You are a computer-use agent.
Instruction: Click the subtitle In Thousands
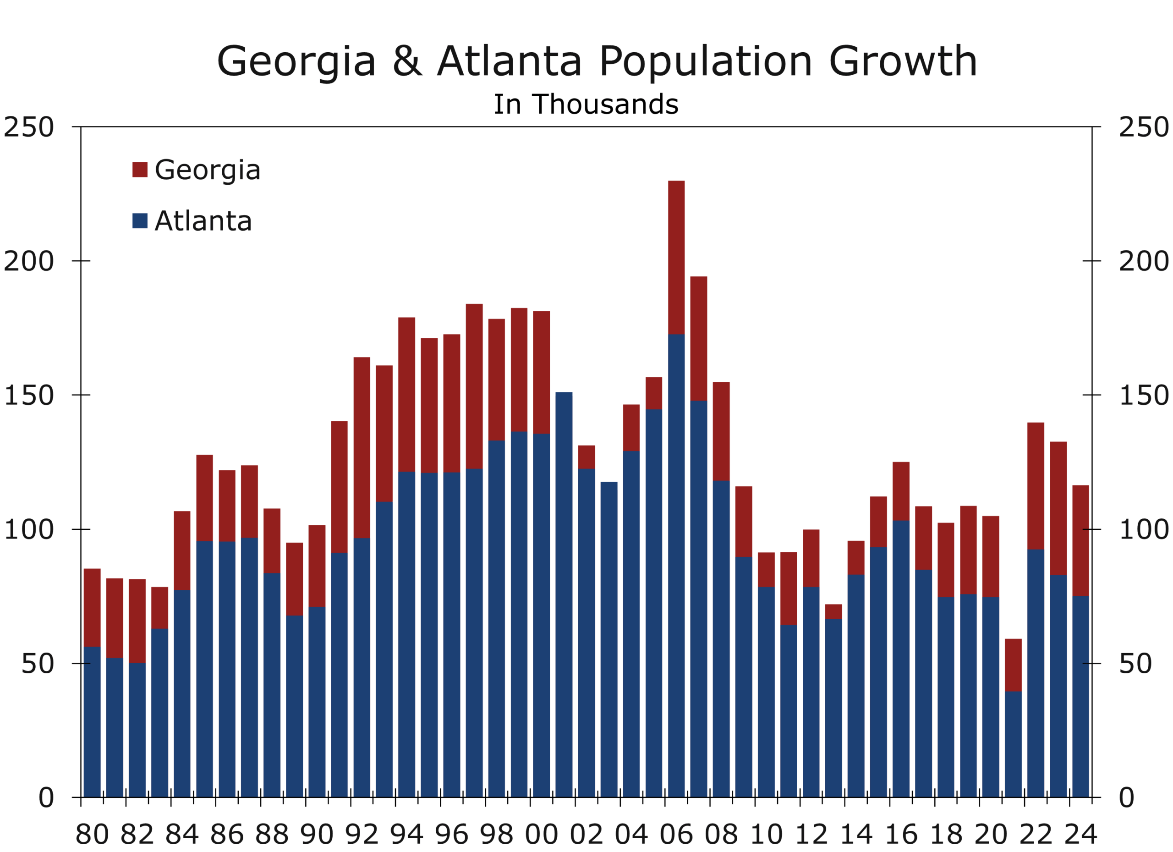coord(586,104)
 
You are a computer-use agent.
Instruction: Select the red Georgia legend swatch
coord(140,170)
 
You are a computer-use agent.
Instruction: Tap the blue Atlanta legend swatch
coord(140,221)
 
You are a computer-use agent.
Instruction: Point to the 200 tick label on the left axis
coord(29,261)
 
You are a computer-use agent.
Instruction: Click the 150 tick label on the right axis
coord(1144,396)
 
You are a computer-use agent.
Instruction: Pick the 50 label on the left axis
coord(37,664)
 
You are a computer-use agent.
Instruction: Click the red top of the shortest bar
coord(1013,665)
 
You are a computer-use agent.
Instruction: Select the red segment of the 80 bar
coord(92,607)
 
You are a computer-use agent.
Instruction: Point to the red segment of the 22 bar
coord(1036,486)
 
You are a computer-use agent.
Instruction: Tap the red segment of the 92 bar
coord(362,447)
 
